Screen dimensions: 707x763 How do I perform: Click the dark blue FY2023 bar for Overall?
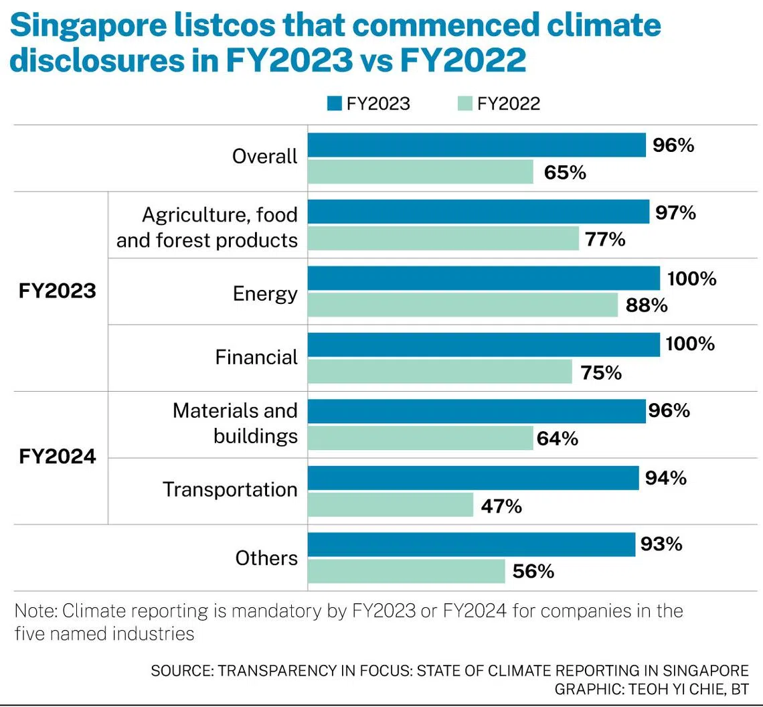tap(476, 145)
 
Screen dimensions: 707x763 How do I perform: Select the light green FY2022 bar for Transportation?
tap(390, 505)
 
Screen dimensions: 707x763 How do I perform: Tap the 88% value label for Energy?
tap(645, 305)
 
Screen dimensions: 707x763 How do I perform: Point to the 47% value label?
tap(501, 506)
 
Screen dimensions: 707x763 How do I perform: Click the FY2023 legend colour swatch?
tap(335, 104)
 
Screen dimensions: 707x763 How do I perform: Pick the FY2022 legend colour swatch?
tap(465, 104)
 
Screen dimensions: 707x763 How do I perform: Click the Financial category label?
tap(256, 357)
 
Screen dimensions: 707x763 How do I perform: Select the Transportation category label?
tap(230, 489)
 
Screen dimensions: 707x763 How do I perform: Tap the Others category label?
tap(266, 558)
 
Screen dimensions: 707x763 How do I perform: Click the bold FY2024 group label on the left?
tap(58, 457)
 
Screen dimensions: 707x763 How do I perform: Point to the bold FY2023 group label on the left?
tap(58, 292)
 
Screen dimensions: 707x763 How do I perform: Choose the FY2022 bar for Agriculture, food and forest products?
tap(443, 238)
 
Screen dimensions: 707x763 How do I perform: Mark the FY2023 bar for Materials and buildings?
tap(476, 411)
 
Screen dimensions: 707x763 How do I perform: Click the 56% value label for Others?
tap(533, 571)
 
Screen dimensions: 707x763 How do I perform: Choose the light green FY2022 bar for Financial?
tap(440, 372)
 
